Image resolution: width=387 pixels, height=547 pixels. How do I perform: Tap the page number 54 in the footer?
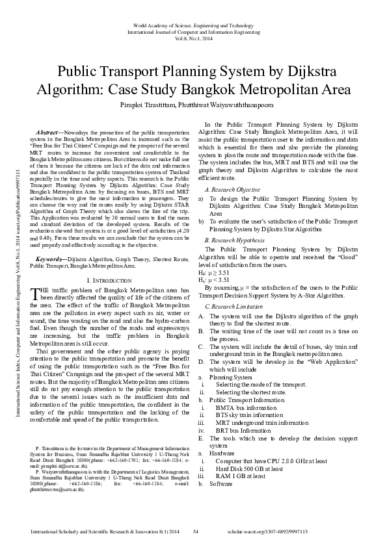point(195,532)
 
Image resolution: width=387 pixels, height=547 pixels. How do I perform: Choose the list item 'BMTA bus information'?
point(244,407)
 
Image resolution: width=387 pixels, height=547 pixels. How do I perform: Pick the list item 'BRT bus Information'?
point(242,430)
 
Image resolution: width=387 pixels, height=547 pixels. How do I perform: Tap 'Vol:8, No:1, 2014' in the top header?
point(193,38)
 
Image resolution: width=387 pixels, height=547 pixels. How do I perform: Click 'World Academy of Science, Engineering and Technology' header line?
point(193,25)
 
